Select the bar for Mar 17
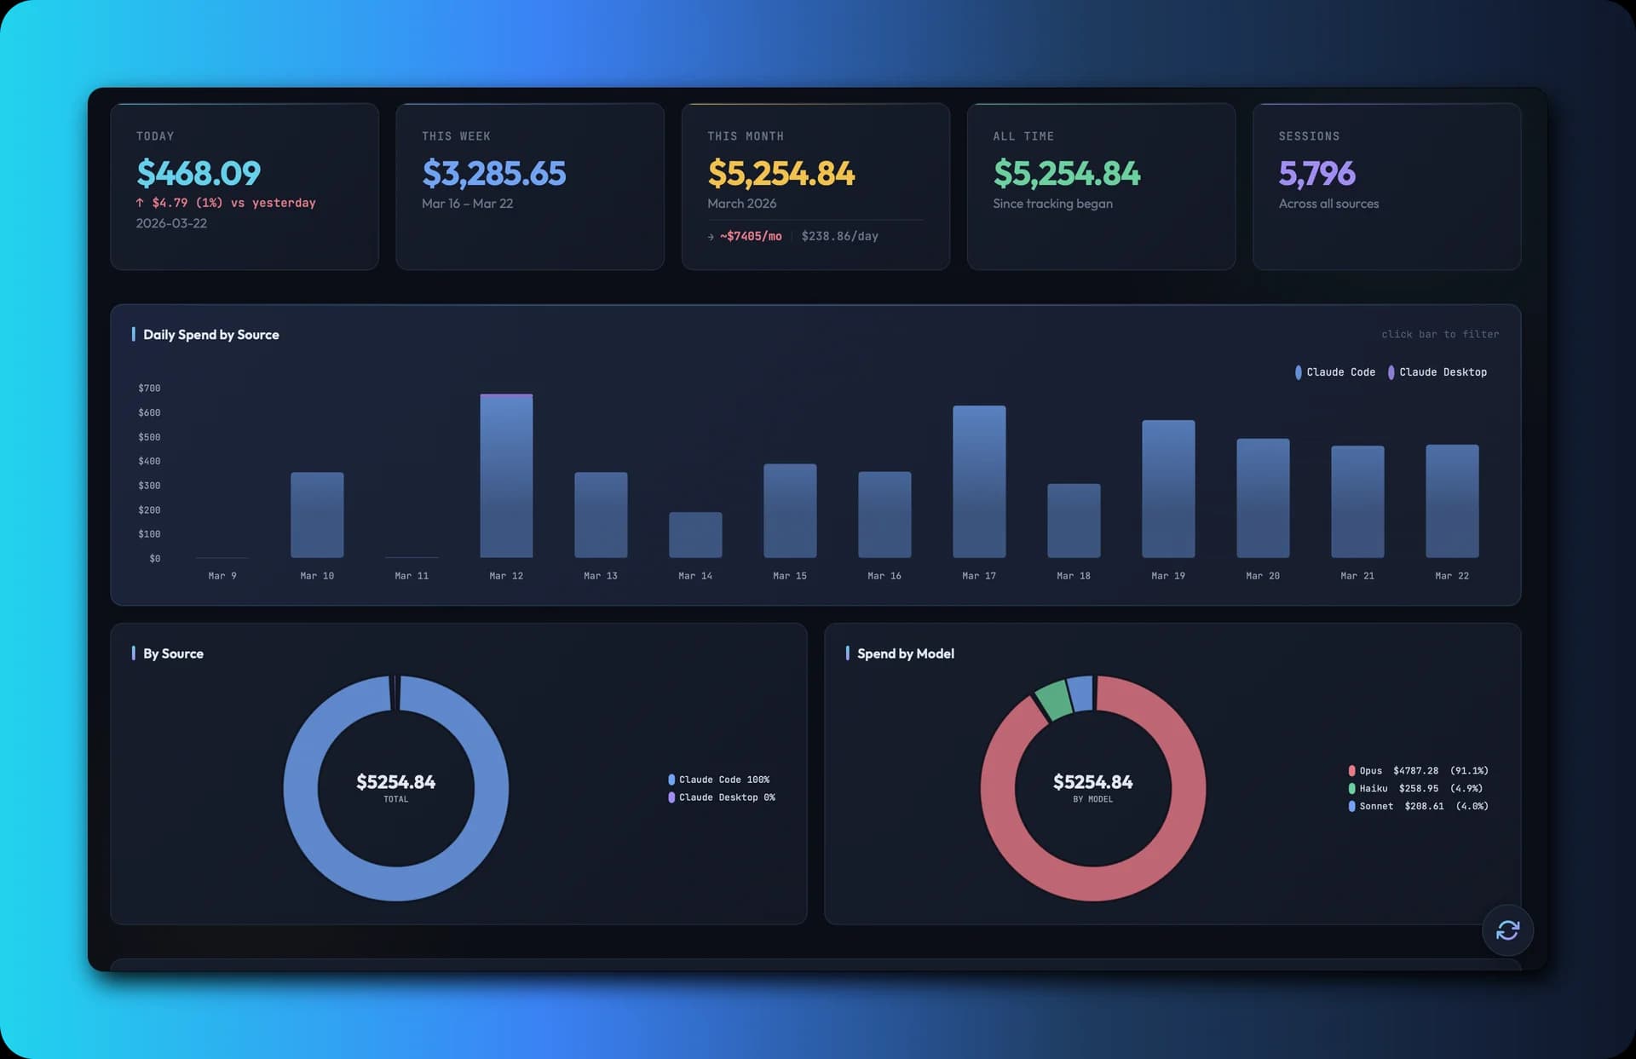(x=979, y=481)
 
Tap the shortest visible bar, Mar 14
(x=695, y=535)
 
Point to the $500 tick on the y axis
(x=149, y=437)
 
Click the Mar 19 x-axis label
(x=1167, y=576)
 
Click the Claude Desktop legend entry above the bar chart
(x=1442, y=372)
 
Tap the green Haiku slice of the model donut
(x=1054, y=699)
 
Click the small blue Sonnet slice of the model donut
(x=1080, y=693)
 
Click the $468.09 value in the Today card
(x=199, y=174)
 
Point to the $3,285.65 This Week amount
(x=493, y=174)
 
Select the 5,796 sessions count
(x=1316, y=174)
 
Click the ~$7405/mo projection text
(x=750, y=237)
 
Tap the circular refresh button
(x=1507, y=930)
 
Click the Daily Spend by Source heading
(x=210, y=335)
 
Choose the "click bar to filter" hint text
(x=1439, y=335)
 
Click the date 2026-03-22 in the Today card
(x=171, y=223)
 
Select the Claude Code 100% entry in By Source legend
(x=723, y=780)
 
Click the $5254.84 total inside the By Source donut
(x=395, y=782)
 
